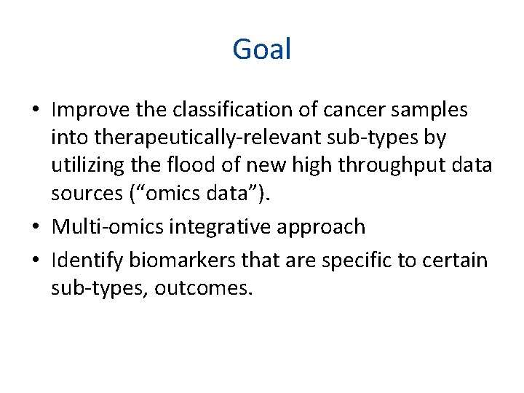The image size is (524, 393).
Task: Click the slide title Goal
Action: (x=262, y=49)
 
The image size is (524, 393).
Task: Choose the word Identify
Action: (x=87, y=260)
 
